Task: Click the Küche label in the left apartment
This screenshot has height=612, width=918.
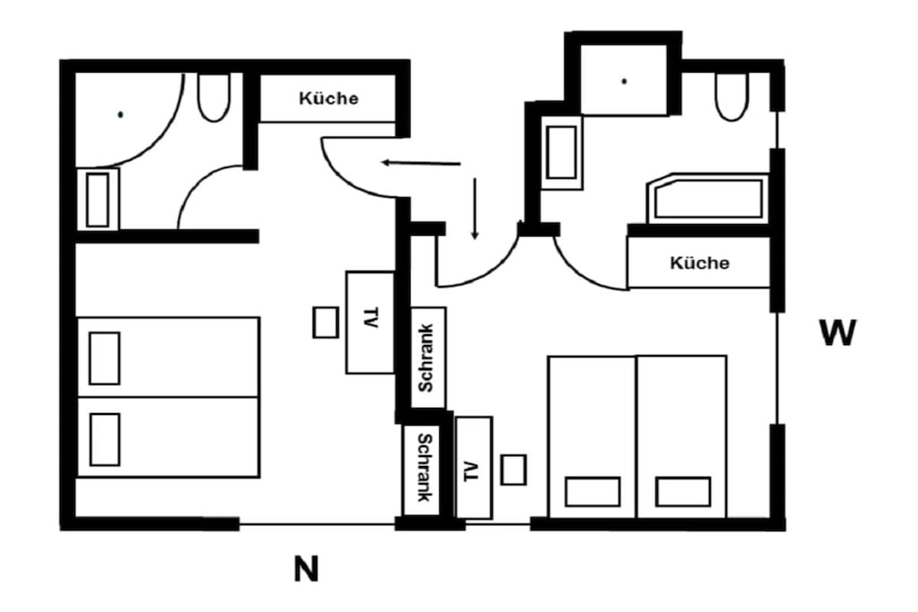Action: coord(328,98)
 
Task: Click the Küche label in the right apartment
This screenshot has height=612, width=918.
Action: coord(699,263)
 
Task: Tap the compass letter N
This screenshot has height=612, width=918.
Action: coord(307,569)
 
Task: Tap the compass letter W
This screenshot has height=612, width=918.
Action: coord(838,332)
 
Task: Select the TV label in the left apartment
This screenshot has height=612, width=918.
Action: coord(370,317)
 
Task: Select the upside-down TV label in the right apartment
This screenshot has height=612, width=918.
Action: coord(471,471)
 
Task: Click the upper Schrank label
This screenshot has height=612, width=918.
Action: coord(426,358)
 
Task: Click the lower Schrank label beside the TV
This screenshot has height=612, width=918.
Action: coord(424,468)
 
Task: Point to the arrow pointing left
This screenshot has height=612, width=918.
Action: coord(420,163)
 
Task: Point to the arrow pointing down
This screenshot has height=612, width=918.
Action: coord(475,209)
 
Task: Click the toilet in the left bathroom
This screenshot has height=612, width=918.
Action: coord(213,97)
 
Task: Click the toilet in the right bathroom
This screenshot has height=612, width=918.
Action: coord(732,97)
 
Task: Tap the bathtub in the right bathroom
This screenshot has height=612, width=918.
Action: coord(708,198)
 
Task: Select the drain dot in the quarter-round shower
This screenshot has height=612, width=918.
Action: coord(121,115)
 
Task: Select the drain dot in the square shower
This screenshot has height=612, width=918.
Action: coord(624,82)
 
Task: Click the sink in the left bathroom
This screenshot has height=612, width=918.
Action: coord(98,200)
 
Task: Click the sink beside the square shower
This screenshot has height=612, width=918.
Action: coord(561,152)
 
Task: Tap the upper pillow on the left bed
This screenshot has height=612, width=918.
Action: coord(105,358)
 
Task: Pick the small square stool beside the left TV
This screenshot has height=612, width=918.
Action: coord(325,323)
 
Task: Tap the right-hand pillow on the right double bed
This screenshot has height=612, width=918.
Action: coord(683,492)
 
